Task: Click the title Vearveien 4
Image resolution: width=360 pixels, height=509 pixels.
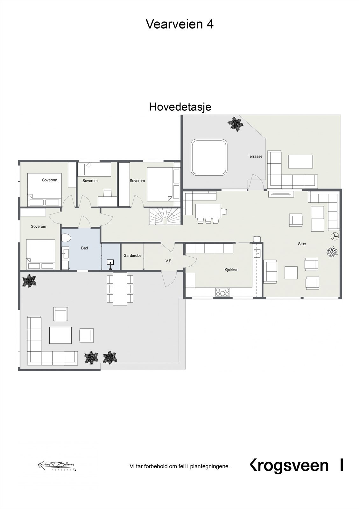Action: click(x=180, y=24)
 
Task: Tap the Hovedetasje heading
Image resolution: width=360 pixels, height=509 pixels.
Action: click(x=180, y=107)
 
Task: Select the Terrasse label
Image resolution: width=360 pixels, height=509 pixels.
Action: click(x=255, y=157)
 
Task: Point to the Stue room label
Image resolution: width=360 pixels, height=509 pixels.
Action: click(x=302, y=244)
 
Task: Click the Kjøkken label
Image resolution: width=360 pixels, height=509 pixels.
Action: click(x=231, y=270)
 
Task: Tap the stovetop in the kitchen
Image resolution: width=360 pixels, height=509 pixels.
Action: click(x=222, y=292)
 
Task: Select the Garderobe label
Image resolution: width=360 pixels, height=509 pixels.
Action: click(x=132, y=255)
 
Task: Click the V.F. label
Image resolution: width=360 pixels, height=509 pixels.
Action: click(x=168, y=261)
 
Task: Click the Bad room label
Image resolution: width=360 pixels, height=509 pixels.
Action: click(x=84, y=248)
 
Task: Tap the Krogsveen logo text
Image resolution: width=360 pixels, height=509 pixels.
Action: click(x=289, y=466)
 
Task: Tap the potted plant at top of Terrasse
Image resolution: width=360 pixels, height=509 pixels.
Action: click(x=236, y=123)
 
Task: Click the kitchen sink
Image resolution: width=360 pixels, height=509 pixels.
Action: click(x=257, y=253)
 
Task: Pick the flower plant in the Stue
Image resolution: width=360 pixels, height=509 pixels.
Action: click(x=332, y=252)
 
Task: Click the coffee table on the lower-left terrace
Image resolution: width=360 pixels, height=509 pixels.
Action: click(x=60, y=335)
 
